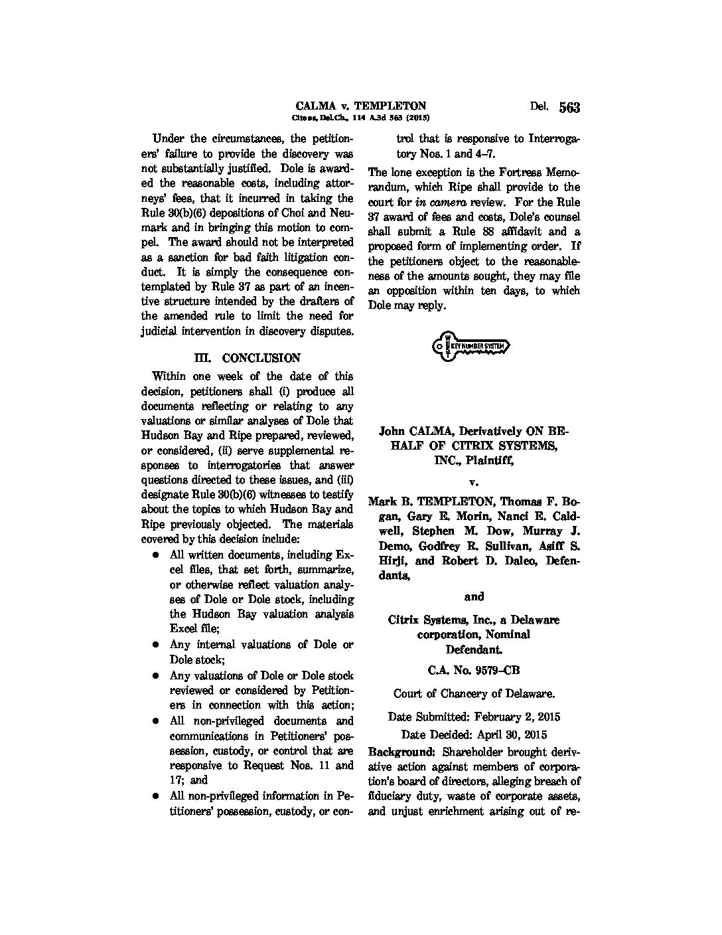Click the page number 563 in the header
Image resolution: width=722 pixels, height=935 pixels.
point(569,108)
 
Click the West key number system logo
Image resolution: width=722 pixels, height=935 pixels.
point(472,347)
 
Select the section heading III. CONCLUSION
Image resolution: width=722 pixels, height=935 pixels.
point(247,358)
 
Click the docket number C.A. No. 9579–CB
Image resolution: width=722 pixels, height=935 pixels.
point(473,671)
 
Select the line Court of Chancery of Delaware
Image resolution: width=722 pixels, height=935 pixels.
point(474,694)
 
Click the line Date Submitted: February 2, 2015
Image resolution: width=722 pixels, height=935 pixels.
point(474,717)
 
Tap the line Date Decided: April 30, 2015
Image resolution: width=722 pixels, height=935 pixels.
point(474,734)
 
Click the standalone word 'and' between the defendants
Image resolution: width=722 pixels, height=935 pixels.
point(474,596)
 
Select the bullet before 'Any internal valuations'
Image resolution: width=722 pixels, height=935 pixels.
point(155,645)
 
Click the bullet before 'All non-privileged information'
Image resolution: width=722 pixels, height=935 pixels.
point(155,796)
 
